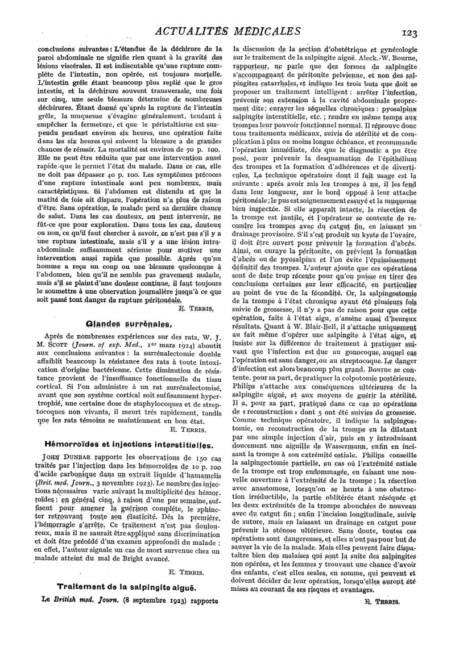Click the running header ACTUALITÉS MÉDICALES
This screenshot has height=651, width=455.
227,31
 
